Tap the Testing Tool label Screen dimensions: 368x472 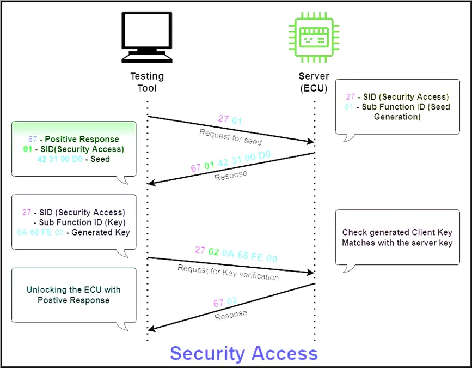[147, 82]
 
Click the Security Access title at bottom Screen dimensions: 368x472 [244, 353]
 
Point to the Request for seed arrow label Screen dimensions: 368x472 [230, 137]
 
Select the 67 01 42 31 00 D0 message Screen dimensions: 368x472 [230, 161]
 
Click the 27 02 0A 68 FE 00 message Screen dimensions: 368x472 [236, 255]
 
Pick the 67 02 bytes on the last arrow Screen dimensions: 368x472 [225, 301]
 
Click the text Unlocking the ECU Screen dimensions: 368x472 [73, 290]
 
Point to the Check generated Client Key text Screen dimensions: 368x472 [397, 233]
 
